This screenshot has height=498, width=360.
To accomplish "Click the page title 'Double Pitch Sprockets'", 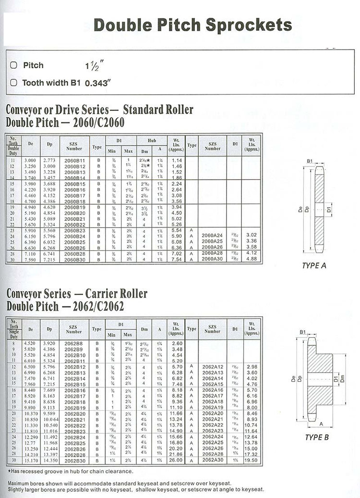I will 192,24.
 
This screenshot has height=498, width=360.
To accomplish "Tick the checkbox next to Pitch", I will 13,65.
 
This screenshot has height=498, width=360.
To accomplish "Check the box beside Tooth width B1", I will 13,83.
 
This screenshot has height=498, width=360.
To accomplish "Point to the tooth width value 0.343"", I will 98,83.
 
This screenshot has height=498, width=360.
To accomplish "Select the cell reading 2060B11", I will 74,160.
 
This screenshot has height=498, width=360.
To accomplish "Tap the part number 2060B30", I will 74,259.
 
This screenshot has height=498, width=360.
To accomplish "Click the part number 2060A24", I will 213,235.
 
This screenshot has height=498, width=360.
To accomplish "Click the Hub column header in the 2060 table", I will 152,140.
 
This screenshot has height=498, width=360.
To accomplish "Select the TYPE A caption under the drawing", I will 314,266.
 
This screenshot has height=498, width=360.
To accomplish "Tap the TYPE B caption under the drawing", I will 317,437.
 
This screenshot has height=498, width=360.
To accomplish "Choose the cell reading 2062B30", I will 74,460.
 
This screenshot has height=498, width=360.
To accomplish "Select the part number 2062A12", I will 213,366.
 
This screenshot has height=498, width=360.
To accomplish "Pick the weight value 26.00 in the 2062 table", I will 177,460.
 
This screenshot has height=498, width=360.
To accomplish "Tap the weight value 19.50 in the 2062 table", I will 252,460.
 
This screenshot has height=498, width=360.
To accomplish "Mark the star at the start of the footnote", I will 10,471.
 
